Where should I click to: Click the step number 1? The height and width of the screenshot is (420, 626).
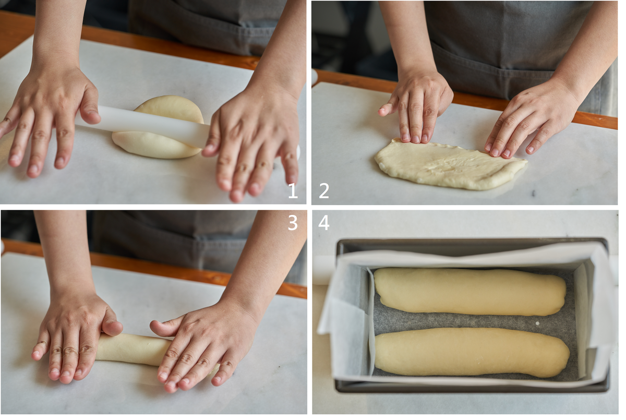(x=293, y=191)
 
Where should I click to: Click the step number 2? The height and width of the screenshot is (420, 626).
(x=324, y=191)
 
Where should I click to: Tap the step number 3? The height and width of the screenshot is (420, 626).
(x=293, y=223)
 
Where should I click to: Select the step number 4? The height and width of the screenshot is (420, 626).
(x=324, y=223)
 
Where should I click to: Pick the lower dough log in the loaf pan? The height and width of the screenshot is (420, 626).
(x=471, y=353)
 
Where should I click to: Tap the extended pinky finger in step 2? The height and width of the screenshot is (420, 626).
(x=387, y=110)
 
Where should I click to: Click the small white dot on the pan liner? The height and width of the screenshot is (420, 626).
(x=537, y=323)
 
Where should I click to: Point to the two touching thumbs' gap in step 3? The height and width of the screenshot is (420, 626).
(x=136, y=327)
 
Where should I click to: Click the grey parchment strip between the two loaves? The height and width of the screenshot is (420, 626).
(x=472, y=322)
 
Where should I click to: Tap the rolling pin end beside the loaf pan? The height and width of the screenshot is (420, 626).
(x=324, y=270)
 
